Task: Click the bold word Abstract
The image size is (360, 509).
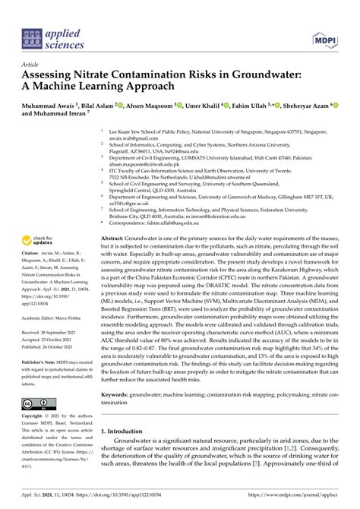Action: click(x=116, y=239)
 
